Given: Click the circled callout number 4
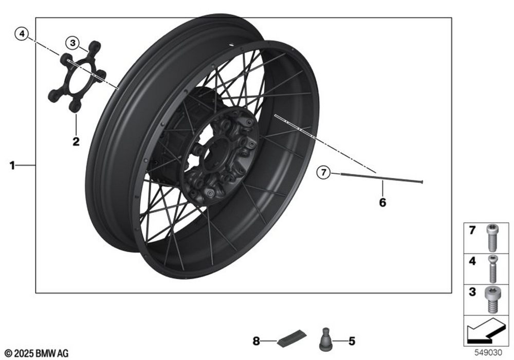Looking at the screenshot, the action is pos(22,34).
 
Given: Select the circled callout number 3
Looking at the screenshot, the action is pos(72,43).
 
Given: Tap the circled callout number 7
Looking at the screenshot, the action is pos(323,172).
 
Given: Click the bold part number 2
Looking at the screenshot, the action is pos(76,141).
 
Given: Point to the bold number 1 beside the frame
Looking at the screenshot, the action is pos(12,166).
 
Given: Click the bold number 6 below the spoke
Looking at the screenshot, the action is pos(382,203).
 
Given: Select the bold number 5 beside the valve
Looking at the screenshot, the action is pos(352,341).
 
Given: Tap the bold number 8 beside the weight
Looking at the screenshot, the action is pos(256,341).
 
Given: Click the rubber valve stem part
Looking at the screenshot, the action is pos(325,339).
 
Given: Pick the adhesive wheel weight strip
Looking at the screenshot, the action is pos(291,338).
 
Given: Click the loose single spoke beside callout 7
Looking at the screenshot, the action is pos(382,178).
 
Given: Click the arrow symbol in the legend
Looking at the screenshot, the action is pos(485,331).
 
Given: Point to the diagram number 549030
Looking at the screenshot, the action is pos(488,353).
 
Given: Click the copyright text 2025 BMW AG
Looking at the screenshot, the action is pos(36,353).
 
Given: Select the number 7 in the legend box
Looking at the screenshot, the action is pos(472,230).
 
